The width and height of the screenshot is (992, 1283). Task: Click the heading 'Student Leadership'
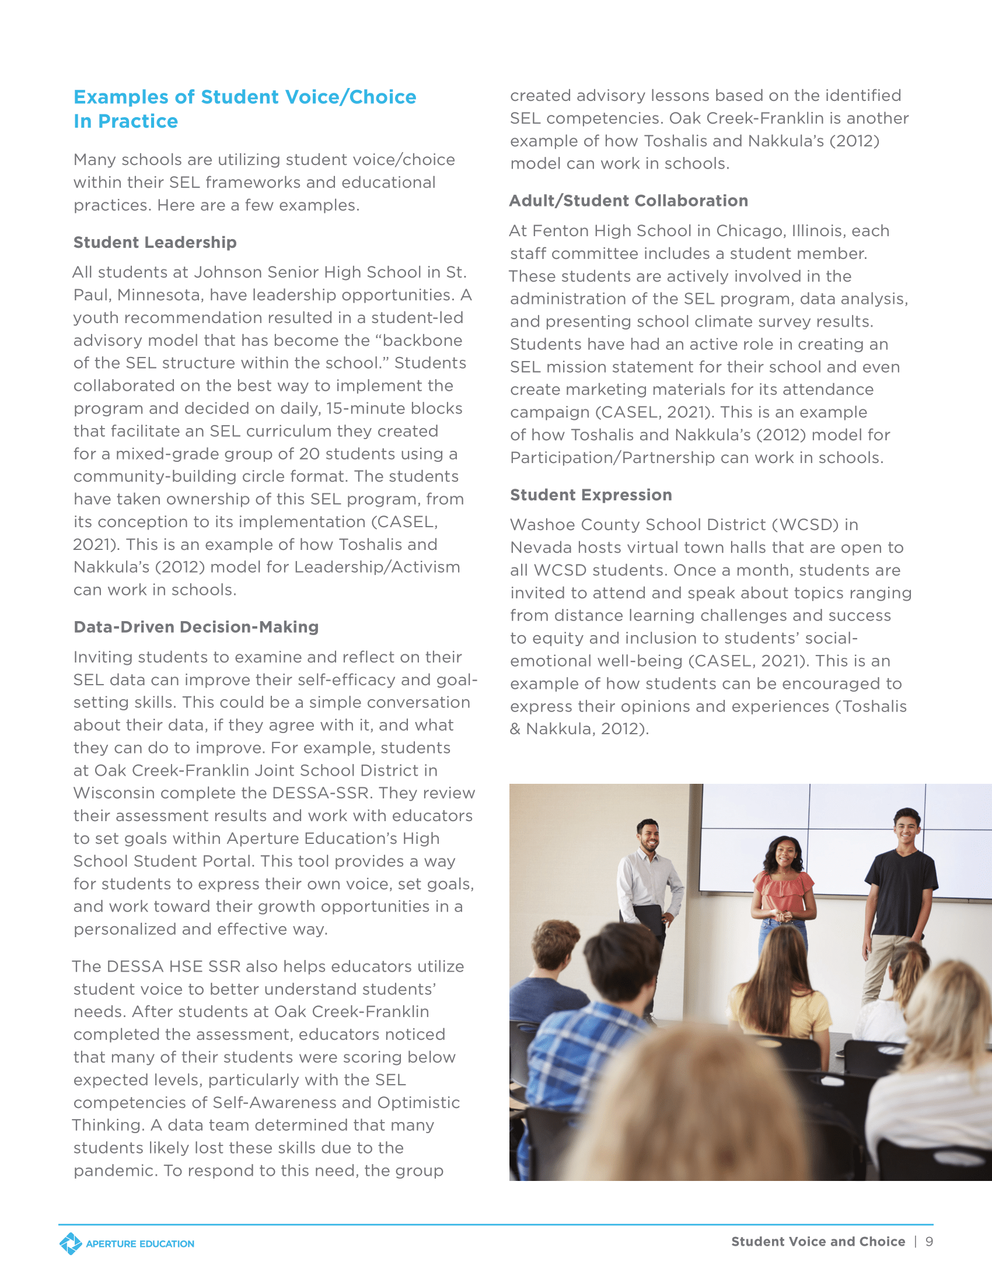pyautogui.click(x=155, y=242)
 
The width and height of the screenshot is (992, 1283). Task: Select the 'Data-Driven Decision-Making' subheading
pyautogui.click(x=195, y=627)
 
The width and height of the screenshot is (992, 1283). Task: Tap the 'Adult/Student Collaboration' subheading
pyautogui.click(x=628, y=201)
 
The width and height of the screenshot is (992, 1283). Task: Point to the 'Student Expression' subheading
pyautogui.click(x=591, y=495)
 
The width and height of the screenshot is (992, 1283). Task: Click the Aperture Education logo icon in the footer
pyautogui.click(x=71, y=1244)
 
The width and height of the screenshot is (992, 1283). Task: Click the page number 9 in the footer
pyautogui.click(x=929, y=1241)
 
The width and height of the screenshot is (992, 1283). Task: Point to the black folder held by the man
pyautogui.click(x=648, y=924)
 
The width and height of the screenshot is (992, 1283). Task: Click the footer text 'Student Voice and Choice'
pyautogui.click(x=818, y=1241)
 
